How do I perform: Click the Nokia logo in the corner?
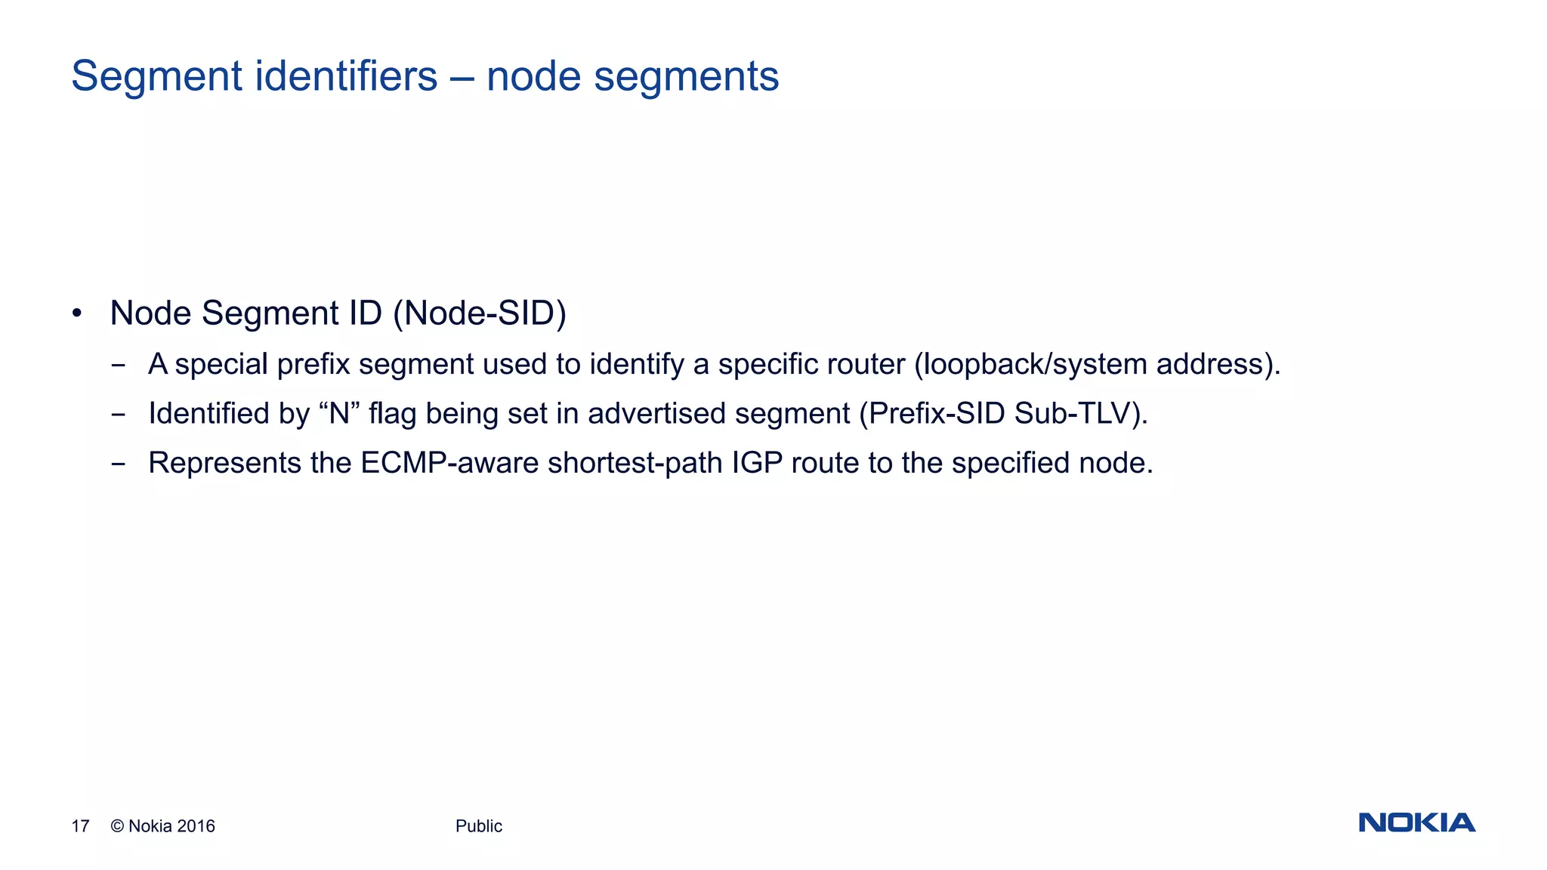coord(1416,822)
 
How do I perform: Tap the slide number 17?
coord(80,826)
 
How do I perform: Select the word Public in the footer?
coord(478,826)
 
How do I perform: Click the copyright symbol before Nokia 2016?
coord(117,826)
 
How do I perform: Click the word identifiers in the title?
coord(346,76)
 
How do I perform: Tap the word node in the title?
coord(534,76)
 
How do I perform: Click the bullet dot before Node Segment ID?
coord(76,313)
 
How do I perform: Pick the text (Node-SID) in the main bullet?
coord(480,313)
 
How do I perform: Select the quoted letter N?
coord(339,414)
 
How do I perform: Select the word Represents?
coord(224,463)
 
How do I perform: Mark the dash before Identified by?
coord(118,415)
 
